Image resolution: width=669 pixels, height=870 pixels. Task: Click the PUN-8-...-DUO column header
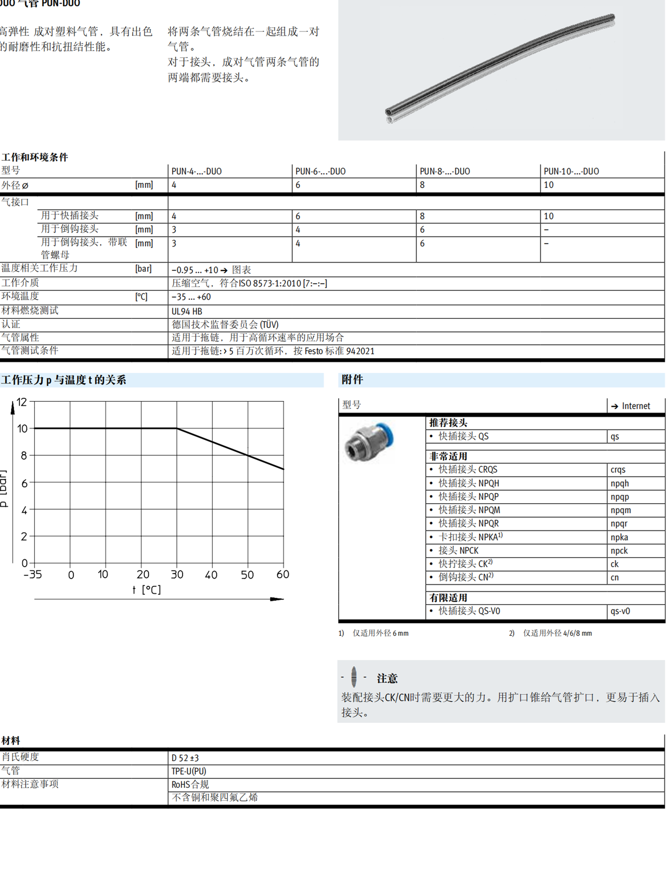pos(445,171)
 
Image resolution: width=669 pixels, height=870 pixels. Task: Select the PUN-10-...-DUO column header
pos(571,171)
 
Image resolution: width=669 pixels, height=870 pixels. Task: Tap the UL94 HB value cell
pos(187,312)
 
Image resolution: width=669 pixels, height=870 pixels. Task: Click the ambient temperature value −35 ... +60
pos(191,297)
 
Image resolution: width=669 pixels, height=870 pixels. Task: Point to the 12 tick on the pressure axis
pos(22,402)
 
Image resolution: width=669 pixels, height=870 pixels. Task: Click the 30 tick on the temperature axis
pos(177,575)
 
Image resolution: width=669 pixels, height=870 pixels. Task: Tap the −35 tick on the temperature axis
pos(33,575)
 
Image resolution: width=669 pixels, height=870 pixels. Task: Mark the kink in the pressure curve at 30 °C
pos(177,429)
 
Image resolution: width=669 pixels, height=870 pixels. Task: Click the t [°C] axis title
pos(147,590)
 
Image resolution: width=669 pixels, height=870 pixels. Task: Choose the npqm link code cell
pos(621,510)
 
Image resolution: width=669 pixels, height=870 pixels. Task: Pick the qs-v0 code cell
pos(620,611)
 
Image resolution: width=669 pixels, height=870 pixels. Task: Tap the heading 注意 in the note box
pos(387,678)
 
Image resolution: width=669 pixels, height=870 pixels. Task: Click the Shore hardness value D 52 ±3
pos(185,758)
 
